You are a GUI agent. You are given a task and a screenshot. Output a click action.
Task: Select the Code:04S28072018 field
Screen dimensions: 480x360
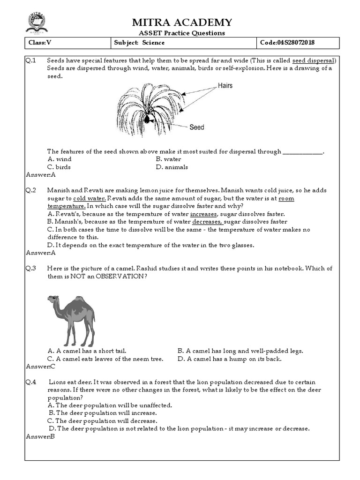287,43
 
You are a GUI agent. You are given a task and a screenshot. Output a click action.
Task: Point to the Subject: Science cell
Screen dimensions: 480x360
139,43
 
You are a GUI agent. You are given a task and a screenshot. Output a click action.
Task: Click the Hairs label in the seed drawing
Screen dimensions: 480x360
225,86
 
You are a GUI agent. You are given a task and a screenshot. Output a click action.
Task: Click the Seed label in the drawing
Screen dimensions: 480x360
197,127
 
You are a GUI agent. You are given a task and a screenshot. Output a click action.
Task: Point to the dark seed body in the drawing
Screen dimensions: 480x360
147,120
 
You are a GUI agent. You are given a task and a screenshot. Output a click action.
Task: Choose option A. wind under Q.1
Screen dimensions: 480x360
60,159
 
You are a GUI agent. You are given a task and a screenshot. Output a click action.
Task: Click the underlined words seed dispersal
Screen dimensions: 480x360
314,61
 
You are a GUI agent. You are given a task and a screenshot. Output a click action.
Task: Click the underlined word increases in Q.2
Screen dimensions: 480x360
203,214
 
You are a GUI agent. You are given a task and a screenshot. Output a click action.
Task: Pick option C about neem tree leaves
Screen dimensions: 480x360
105,359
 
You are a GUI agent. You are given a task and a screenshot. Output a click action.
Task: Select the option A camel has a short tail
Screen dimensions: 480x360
87,351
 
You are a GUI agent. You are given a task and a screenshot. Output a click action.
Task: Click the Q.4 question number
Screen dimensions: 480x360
31,382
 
